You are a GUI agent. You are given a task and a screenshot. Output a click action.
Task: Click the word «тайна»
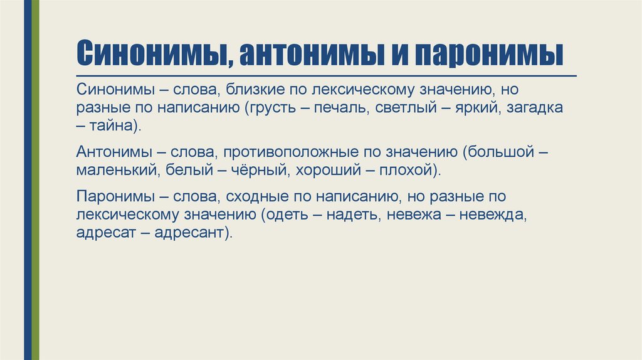click(113, 125)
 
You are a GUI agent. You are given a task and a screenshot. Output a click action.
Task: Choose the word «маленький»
click(117, 169)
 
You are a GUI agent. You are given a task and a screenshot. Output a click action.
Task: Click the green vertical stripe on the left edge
click(36, 180)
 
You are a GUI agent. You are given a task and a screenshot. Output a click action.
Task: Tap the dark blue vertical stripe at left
click(28, 180)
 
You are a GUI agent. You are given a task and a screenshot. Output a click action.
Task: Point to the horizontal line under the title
click(326, 75)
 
